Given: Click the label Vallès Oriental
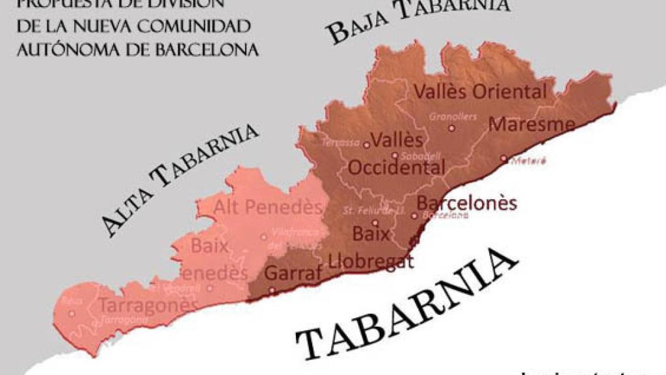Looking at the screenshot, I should point(481,92).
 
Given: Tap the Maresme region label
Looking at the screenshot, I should point(531,124).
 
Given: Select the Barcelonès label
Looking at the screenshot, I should point(466,203).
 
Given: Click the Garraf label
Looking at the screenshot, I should point(293,273).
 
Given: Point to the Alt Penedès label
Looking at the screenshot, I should point(268,208).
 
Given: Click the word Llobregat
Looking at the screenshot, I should point(371,262).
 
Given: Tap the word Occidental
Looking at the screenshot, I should point(396,167).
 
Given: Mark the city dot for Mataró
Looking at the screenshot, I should point(503,158).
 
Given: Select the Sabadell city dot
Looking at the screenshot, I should point(395,155).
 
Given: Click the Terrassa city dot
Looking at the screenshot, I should point(366,145).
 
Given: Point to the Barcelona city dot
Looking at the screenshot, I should point(414,215).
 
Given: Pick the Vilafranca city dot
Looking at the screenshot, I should point(263,237).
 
